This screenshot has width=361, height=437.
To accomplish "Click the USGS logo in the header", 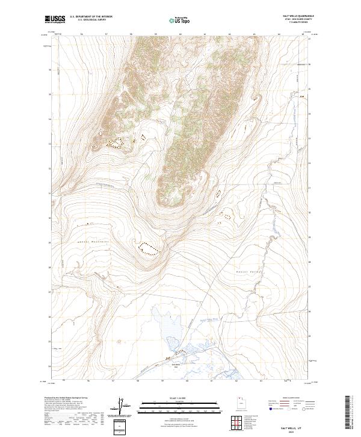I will click(x=55, y=20).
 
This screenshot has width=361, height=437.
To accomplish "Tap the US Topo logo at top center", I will click(x=177, y=20).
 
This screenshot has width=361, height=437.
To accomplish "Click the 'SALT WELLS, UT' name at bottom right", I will click(x=296, y=424).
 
